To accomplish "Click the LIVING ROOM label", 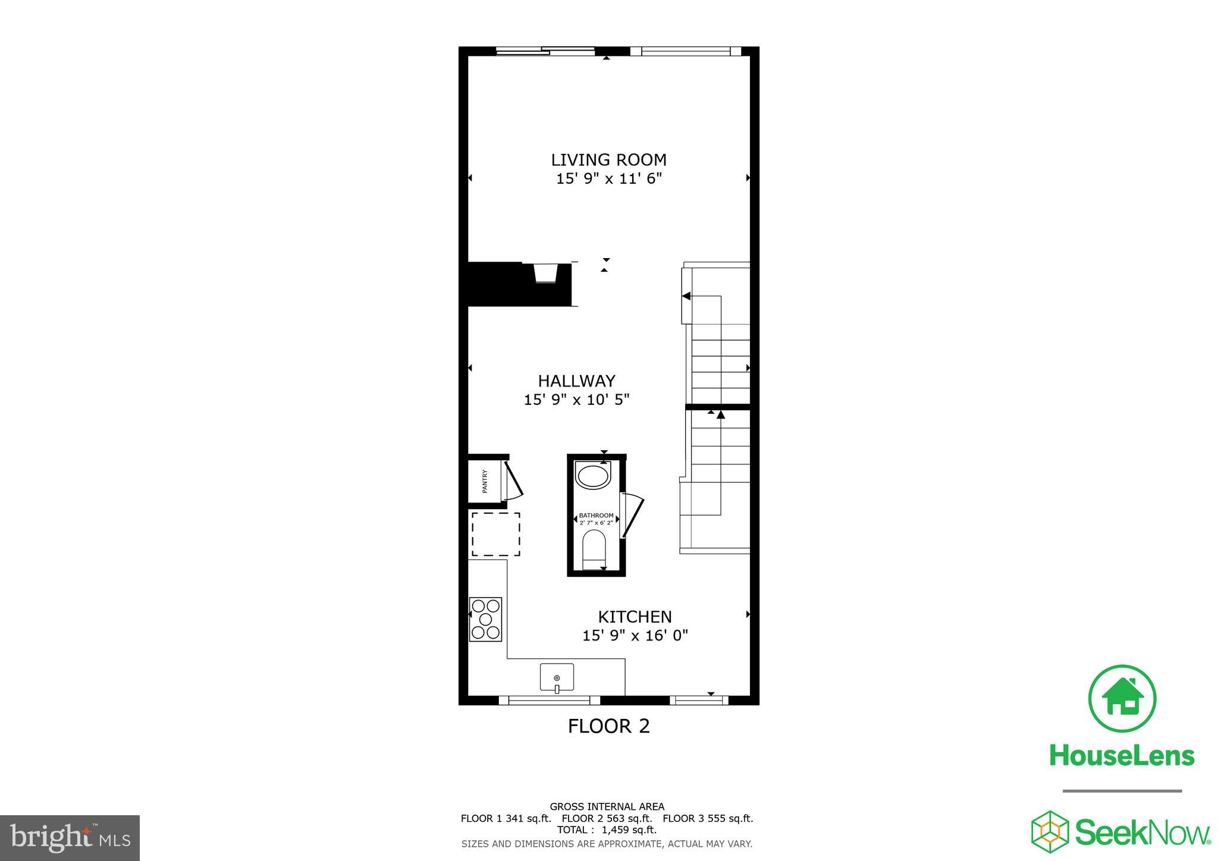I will click(x=608, y=160).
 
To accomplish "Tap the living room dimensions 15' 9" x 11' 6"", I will click(x=608, y=179).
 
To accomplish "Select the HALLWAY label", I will click(x=576, y=381).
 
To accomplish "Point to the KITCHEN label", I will click(x=635, y=617).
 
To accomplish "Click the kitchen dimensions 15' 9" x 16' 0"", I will click(x=635, y=636).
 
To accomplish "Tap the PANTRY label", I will click(x=485, y=482).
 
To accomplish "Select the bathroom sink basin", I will click(x=593, y=477).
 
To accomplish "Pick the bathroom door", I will click(x=632, y=516).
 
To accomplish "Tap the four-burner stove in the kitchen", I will click(x=485, y=619).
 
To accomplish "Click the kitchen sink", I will click(x=557, y=678).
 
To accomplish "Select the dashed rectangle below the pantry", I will click(x=496, y=534).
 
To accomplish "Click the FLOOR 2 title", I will click(x=608, y=727).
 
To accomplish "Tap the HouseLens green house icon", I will click(x=1122, y=699).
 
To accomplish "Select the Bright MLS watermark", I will click(x=70, y=838).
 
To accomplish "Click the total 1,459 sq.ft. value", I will click(x=629, y=830).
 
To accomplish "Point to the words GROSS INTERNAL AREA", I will click(x=607, y=807).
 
